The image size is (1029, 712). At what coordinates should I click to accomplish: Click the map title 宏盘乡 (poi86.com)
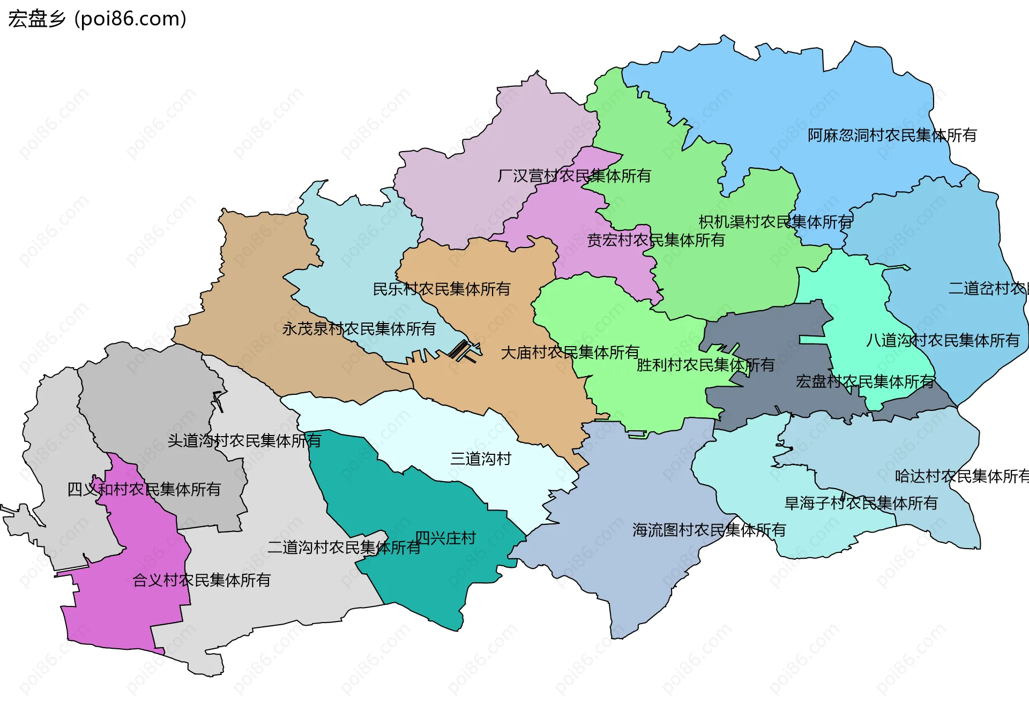click(x=97, y=19)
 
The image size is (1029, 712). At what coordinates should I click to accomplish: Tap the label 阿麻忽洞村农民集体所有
click(x=892, y=135)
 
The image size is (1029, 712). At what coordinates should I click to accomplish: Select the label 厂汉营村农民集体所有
click(x=574, y=176)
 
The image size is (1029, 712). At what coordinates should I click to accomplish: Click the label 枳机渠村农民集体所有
click(x=775, y=221)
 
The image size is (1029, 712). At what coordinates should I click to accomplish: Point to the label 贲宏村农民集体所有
click(x=656, y=240)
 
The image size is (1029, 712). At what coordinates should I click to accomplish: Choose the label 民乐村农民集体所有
click(x=441, y=289)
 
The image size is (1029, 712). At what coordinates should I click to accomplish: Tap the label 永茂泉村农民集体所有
click(x=359, y=328)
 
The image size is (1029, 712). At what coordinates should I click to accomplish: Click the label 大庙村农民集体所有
click(x=570, y=352)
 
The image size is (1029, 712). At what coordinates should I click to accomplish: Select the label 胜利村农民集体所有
click(x=705, y=365)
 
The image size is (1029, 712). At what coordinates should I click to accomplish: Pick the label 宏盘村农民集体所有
click(x=865, y=381)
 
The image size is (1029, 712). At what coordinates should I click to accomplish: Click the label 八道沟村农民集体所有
click(x=943, y=340)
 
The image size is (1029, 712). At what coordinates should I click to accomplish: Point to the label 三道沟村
click(x=481, y=459)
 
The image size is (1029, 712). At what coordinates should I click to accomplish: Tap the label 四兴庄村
click(x=445, y=538)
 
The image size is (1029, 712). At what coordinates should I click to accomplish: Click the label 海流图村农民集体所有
click(x=709, y=530)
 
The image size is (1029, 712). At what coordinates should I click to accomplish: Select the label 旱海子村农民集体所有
click(x=861, y=503)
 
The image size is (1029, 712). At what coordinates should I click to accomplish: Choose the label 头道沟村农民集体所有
click(x=244, y=440)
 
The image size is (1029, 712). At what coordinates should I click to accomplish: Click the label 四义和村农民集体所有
click(x=144, y=489)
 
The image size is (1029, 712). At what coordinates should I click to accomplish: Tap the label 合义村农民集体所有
click(x=202, y=580)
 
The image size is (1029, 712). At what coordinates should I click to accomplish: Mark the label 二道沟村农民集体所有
click(x=344, y=547)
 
